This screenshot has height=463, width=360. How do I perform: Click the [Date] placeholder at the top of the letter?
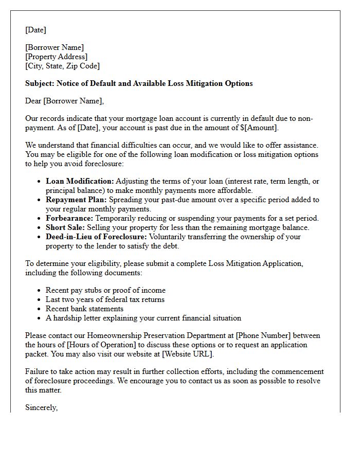pyautogui.click(x=35, y=30)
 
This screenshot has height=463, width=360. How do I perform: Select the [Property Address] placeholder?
pyautogui.click(x=56, y=57)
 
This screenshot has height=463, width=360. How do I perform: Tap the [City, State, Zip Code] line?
pyautogui.click(x=62, y=66)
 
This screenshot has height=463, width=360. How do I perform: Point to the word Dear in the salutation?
pyautogui.click(x=33, y=101)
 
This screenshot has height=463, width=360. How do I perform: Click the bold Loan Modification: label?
pyautogui.click(x=80, y=181)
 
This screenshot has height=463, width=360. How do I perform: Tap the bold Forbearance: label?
pyautogui.click(x=69, y=218)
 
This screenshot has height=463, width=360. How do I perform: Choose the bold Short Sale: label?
pyautogui.click(x=65, y=227)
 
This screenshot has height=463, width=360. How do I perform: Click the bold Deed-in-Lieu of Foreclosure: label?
pyautogui.click(x=96, y=237)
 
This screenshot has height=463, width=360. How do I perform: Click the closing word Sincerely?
pyautogui.click(x=42, y=407)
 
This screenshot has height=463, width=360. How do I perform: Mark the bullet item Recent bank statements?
pyautogui.click(x=84, y=309)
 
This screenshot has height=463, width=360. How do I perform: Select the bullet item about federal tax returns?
pyautogui.click(x=105, y=299)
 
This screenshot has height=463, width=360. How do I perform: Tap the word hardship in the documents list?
pyautogui.click(x=68, y=318)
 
